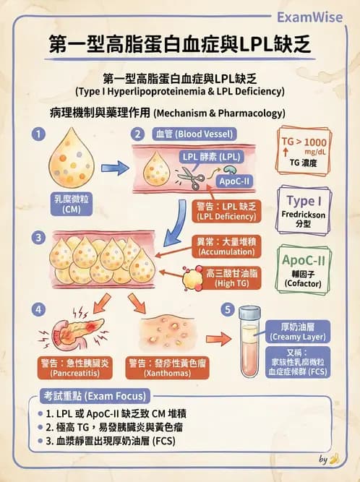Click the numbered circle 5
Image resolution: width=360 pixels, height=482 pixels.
[228, 310]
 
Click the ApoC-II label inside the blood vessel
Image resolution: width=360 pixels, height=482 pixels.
[232, 182]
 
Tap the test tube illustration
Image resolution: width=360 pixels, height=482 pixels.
[250, 343]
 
